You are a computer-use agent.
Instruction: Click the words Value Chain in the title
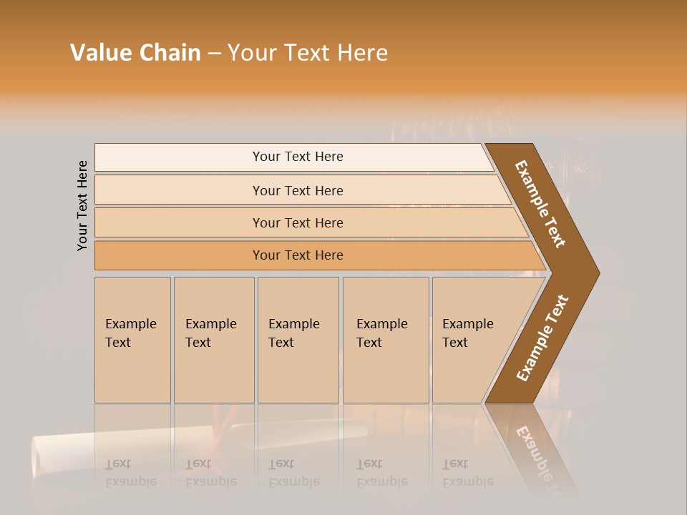pyautogui.click(x=135, y=53)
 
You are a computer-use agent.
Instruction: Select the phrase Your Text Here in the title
pyautogui.click(x=308, y=53)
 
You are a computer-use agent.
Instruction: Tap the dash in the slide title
pyautogui.click(x=214, y=54)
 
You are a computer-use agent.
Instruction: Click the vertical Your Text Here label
pyautogui.click(x=82, y=205)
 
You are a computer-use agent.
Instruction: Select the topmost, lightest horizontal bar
pyautogui.click(x=298, y=157)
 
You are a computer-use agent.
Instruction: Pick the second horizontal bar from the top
pyautogui.click(x=298, y=190)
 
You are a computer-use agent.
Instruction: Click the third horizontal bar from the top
pyautogui.click(x=298, y=222)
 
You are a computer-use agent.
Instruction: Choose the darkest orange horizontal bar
pyautogui.click(x=298, y=255)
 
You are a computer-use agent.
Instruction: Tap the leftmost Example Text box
pyautogui.click(x=132, y=340)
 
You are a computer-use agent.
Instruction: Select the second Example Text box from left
pyautogui.click(x=213, y=340)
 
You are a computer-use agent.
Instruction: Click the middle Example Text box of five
pyautogui.click(x=298, y=340)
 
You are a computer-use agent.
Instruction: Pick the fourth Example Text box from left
pyautogui.click(x=386, y=340)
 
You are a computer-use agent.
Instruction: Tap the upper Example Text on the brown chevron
pyautogui.click(x=541, y=204)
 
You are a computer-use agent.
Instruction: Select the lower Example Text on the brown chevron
pyautogui.click(x=542, y=338)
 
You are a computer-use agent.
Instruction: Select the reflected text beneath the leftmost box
pyautogui.click(x=130, y=473)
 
